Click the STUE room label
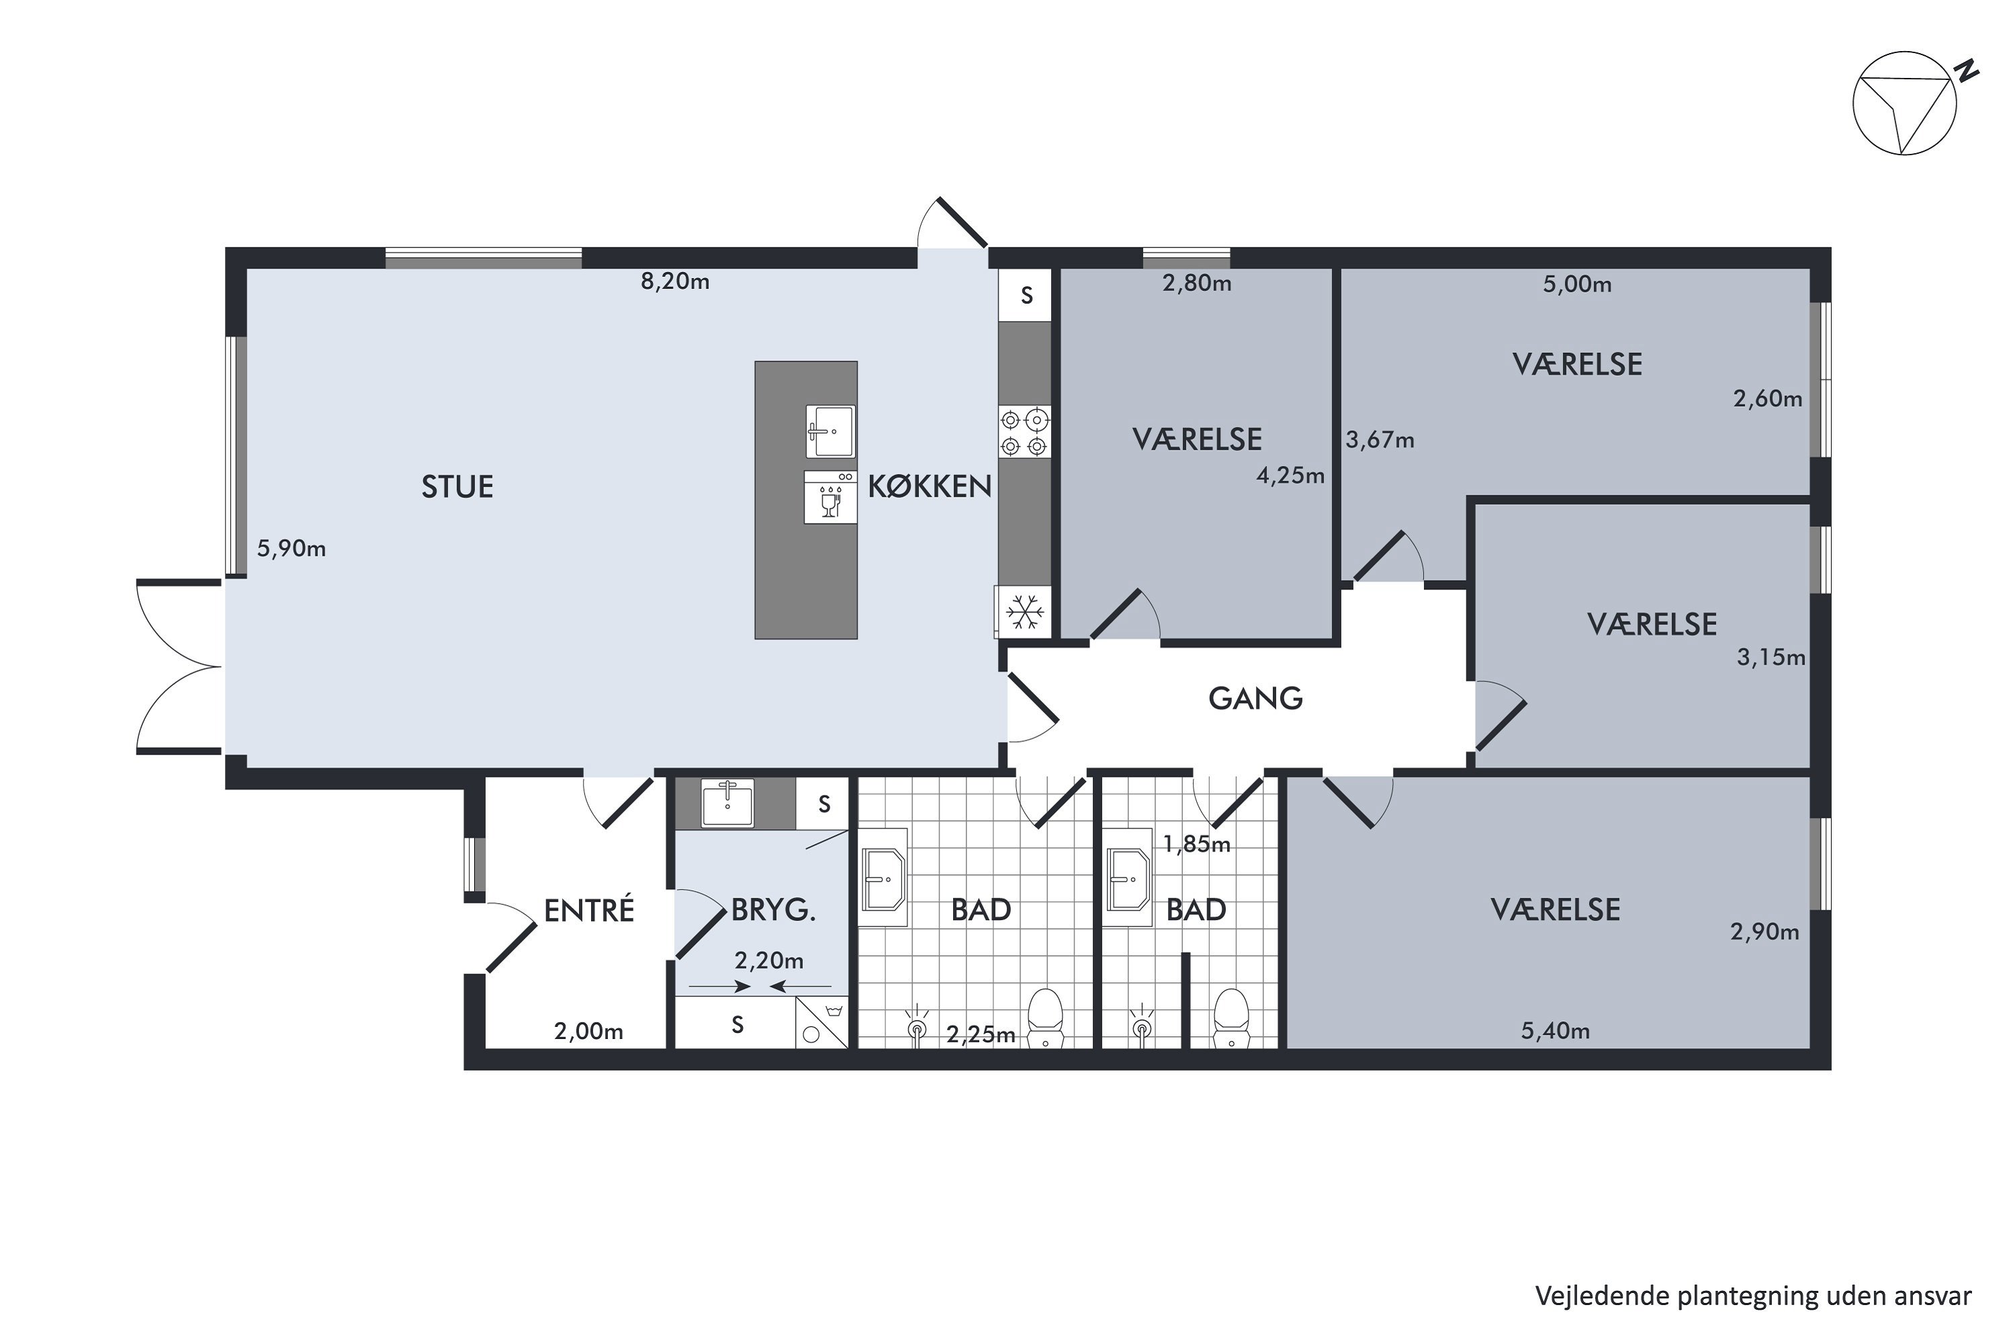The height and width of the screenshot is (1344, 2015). click(457, 487)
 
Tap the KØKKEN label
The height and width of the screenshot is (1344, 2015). click(930, 486)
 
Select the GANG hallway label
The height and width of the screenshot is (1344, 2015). click(1255, 699)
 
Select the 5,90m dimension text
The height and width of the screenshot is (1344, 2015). click(292, 548)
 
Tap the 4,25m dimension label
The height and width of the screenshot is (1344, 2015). click(1290, 476)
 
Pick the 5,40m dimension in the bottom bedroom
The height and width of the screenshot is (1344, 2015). click(1555, 1031)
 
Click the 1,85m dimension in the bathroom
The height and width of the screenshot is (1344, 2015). click(1196, 844)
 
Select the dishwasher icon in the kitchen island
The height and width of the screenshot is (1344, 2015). click(830, 497)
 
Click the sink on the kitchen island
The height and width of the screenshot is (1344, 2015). click(830, 431)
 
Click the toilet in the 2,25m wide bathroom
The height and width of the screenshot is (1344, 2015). click(1044, 1017)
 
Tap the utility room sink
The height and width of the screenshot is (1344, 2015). click(727, 803)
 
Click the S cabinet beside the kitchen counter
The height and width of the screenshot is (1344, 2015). click(1026, 296)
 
